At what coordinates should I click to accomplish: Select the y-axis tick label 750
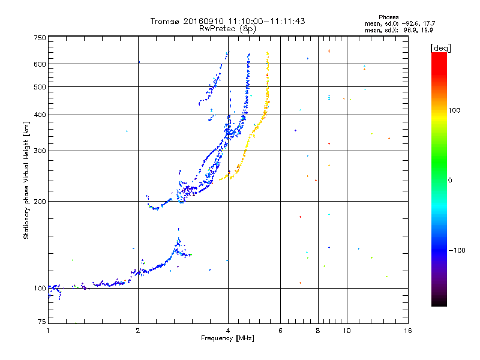40,38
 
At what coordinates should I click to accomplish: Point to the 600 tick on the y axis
40,64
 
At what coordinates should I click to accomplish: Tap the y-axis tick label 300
40,151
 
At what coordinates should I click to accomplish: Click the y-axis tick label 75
41,323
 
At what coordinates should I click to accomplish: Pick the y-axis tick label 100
40,288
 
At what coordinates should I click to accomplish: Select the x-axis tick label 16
407,331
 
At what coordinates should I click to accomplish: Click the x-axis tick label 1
48,331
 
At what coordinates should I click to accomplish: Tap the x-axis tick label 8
318,331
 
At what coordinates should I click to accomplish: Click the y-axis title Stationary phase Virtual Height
26,180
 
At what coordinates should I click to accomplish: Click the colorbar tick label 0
450,180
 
